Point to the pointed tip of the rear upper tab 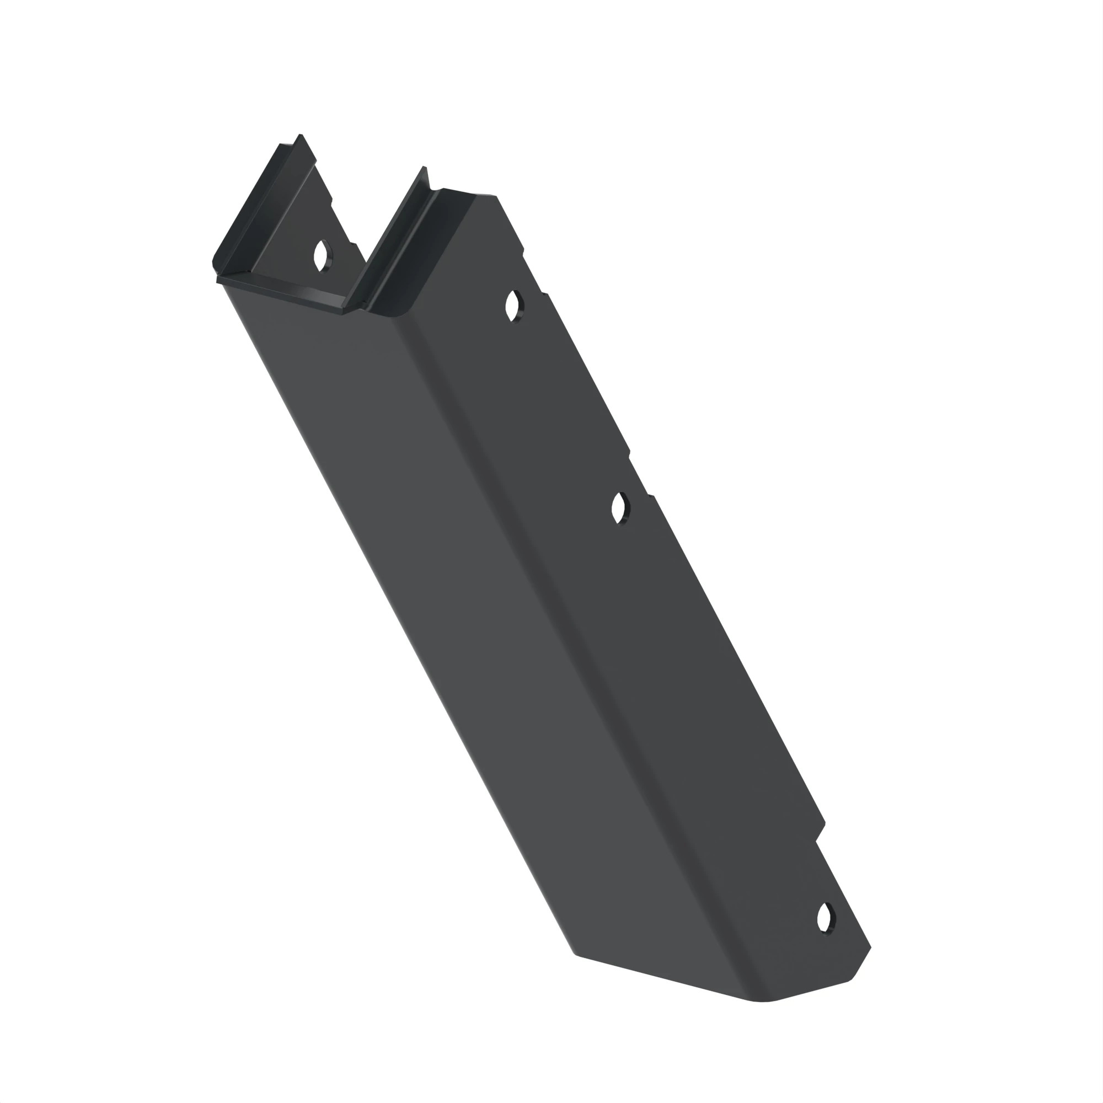pos(301,136)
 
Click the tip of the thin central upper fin pos(424,168)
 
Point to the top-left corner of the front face pos(224,286)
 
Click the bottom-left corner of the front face pos(574,952)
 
